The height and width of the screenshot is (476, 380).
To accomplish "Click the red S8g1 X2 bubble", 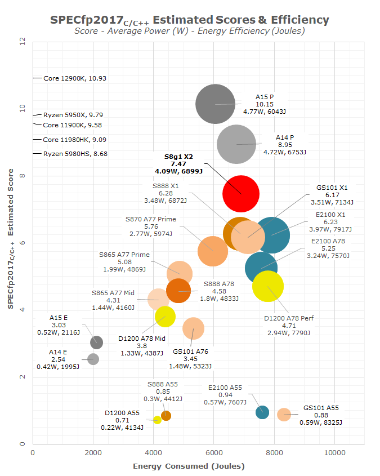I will pos(241,193).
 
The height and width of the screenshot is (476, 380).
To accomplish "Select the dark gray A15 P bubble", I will pos(215,104).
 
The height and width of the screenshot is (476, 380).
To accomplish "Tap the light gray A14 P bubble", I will pos(236,145).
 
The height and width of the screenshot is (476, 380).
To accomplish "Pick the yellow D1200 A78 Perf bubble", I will pos(268,286).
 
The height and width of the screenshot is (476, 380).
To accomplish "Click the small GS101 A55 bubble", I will pos(284,415).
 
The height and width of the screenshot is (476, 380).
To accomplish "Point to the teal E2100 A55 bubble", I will pos(262,412).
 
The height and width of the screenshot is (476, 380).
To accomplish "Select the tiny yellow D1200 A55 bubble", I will pos(157,420).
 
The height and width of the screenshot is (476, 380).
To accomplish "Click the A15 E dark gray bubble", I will pos(96,342).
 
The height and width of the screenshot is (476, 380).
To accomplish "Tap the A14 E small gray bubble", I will pos(93,359).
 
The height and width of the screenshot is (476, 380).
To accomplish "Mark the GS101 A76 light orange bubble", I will pos(193,328).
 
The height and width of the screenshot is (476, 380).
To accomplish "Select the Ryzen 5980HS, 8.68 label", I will pos(75,154).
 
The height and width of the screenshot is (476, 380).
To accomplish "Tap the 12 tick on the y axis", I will pos(22,42).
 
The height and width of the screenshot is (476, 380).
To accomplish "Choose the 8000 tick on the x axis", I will pos(274,453).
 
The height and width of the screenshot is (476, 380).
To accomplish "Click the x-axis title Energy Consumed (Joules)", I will pos(189,466).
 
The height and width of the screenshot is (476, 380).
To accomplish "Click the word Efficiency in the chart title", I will pos(301,20).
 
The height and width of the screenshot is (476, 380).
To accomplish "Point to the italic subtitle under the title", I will pos(190,31).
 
